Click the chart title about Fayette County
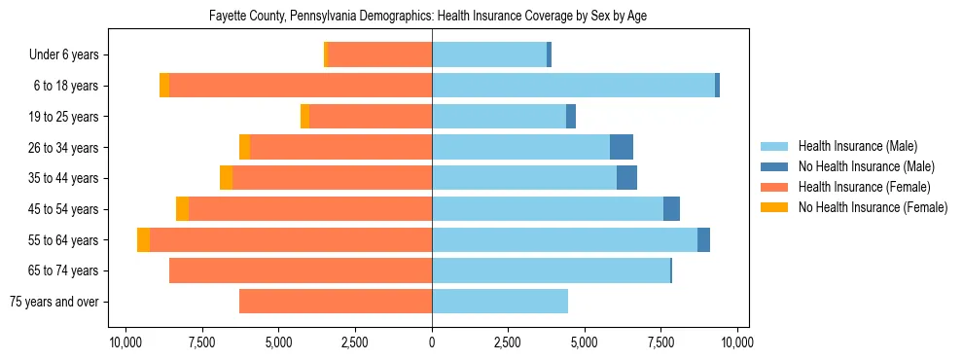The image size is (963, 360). [x=428, y=17]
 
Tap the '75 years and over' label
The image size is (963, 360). [x=53, y=302]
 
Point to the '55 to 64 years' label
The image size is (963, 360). [x=64, y=240]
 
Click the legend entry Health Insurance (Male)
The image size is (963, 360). [x=857, y=146]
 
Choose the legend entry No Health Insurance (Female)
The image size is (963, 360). [x=873, y=207]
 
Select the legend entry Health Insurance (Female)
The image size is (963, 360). [x=864, y=187]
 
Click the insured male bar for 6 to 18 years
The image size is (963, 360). [x=573, y=86]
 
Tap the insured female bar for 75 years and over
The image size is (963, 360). [x=336, y=302]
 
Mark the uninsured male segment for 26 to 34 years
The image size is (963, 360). [x=622, y=147]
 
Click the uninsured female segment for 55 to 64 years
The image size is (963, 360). [x=143, y=240]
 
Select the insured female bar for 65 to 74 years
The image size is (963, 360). [x=301, y=270]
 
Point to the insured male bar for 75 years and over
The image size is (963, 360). [x=500, y=302]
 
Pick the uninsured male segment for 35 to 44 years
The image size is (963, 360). [x=627, y=178]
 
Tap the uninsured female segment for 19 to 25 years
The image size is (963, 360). [x=304, y=117]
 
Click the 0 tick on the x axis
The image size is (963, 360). [x=432, y=342]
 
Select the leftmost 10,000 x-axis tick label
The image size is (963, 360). [x=125, y=342]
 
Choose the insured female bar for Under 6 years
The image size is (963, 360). [x=380, y=55]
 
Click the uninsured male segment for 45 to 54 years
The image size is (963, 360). [x=671, y=209]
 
